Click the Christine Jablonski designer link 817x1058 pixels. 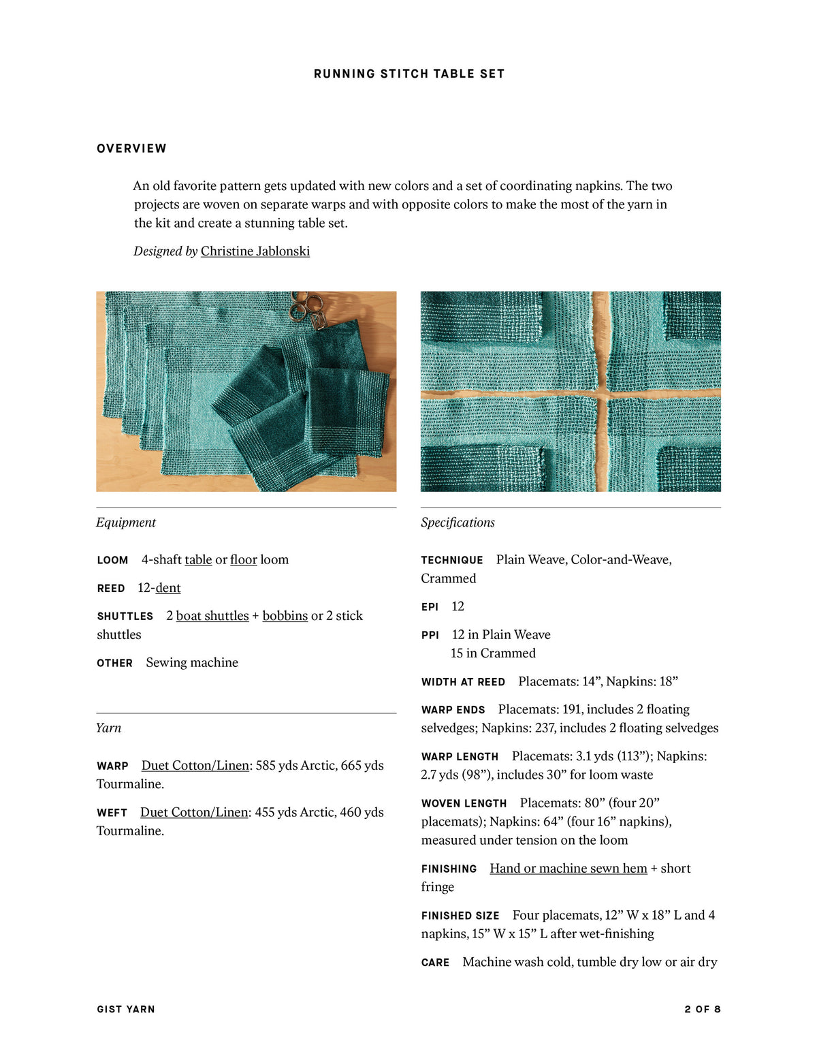255,251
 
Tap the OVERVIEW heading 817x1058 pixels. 131,149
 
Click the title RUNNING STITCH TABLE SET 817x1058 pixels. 409,74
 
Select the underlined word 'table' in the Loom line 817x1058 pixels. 198,560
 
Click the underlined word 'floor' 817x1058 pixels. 243,560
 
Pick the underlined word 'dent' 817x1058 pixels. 168,588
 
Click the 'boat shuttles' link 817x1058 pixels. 212,616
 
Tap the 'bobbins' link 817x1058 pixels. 285,616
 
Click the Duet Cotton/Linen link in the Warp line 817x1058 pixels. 195,766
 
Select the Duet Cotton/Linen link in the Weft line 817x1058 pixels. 194,813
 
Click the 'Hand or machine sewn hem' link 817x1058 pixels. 568,869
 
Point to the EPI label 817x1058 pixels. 430,607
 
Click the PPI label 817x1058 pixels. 430,635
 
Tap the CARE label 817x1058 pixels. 435,963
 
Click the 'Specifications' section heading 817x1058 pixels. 458,523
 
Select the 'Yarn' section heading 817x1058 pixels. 109,728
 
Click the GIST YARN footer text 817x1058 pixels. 126,1009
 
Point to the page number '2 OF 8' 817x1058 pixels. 703,1009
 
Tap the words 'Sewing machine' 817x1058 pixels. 192,663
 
